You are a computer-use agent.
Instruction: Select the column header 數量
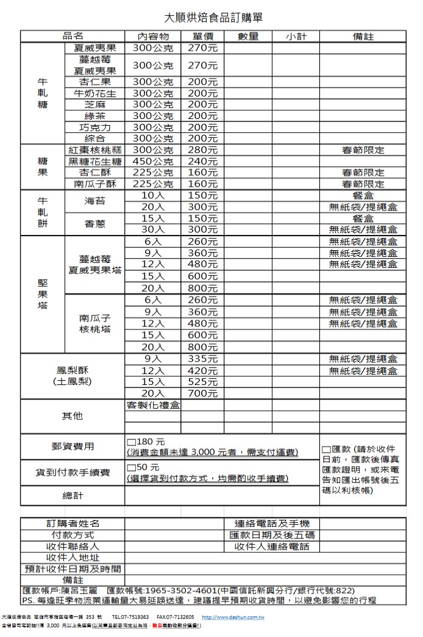click(248, 37)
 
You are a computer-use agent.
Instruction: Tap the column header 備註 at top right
click(363, 37)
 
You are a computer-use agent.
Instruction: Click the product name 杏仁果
click(94, 82)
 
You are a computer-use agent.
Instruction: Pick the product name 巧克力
click(94, 128)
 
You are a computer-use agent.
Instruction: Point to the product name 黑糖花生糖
click(94, 162)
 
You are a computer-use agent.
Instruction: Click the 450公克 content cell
click(152, 162)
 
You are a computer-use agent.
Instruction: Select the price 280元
click(203, 150)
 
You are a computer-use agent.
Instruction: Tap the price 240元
click(203, 162)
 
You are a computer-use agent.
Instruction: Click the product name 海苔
click(94, 201)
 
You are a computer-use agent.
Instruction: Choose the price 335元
click(203, 359)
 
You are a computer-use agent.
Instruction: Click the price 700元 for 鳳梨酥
click(203, 394)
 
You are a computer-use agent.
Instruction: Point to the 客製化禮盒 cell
click(153, 405)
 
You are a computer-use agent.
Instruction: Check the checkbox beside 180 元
click(131, 442)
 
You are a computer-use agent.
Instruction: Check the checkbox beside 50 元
click(131, 467)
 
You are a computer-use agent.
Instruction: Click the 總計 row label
click(73, 495)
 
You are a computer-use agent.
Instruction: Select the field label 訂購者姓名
click(73, 524)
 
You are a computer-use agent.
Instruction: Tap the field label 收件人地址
click(73, 558)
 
